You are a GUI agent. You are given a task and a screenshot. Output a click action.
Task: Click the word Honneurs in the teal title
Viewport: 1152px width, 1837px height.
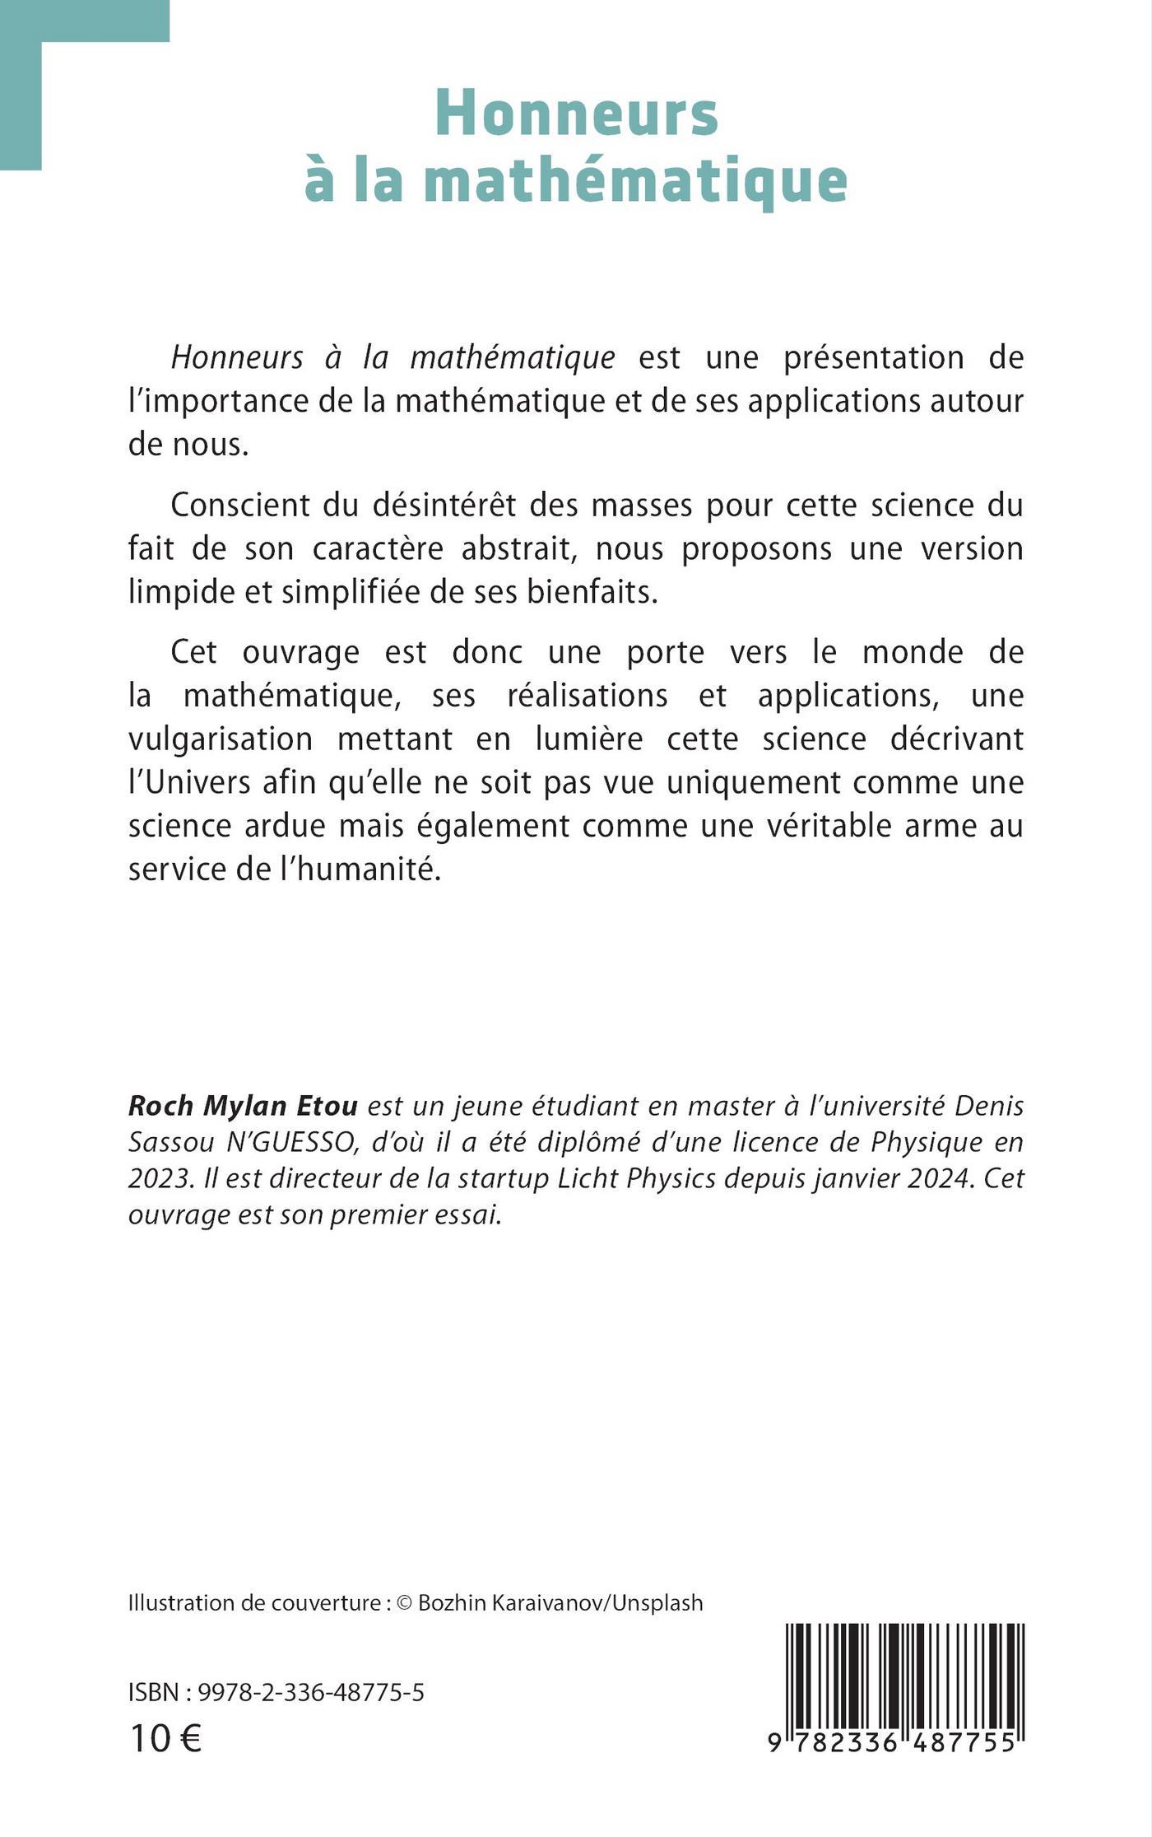[577, 114]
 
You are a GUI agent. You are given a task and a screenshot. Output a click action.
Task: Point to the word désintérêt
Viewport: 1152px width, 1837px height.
[443, 505]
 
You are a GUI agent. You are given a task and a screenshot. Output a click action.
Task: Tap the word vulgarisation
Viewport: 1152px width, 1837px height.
[221, 739]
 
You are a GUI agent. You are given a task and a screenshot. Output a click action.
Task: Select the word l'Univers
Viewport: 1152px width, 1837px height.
[189, 782]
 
